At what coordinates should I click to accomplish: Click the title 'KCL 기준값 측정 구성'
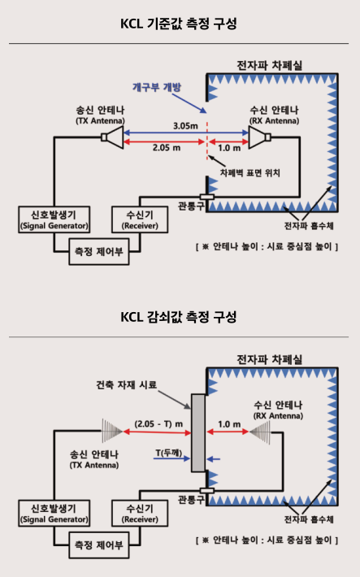[x=179, y=24]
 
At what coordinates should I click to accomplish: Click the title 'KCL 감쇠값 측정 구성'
[x=179, y=317]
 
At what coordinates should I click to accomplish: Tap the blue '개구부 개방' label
[x=157, y=87]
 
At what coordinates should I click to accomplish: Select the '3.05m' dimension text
[x=185, y=126]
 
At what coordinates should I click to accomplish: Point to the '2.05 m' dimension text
[x=167, y=148]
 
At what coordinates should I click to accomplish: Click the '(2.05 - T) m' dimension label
[x=158, y=424]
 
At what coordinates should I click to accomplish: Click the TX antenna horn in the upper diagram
[x=112, y=137]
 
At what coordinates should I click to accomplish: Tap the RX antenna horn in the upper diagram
[x=259, y=137]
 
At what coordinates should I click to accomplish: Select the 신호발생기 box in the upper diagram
[x=54, y=219]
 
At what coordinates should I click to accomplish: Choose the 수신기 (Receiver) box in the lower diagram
[x=140, y=513]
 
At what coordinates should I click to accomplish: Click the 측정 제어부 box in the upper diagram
[x=99, y=252]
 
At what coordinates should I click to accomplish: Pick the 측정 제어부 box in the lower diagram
[x=99, y=545]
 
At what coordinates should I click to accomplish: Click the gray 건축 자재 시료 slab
[x=198, y=433]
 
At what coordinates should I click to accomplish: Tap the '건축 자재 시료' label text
[x=126, y=385]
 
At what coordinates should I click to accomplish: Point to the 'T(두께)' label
[x=168, y=453]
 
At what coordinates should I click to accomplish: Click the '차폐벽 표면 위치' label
[x=250, y=172]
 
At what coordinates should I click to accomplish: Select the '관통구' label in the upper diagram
[x=191, y=206]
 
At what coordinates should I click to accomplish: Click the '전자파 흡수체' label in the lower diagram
[x=309, y=519]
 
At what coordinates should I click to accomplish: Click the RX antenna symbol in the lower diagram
[x=260, y=432]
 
